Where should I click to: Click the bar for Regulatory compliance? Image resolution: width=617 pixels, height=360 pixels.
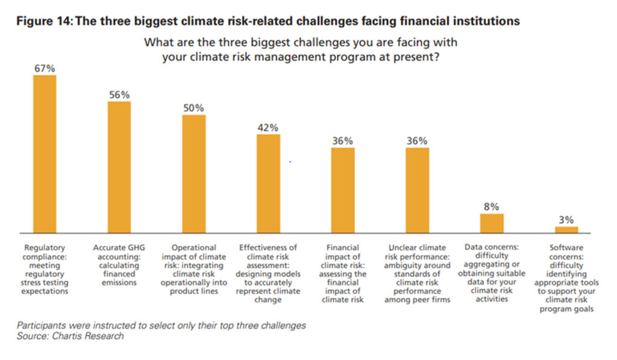tap(45, 154)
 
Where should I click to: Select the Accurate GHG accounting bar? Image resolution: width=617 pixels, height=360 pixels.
tap(119, 167)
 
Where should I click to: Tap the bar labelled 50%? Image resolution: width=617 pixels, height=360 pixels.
tap(194, 174)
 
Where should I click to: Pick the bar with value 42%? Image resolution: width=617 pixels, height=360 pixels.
tap(268, 183)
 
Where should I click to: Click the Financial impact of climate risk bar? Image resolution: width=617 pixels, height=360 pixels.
tap(343, 190)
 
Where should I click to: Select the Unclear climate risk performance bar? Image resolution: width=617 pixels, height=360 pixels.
tap(417, 190)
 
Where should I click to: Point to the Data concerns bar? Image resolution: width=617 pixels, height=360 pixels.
tap(492, 223)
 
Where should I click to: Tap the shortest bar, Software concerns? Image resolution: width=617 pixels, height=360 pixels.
tap(566, 230)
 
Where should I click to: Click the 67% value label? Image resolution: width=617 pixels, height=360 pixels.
tap(45, 69)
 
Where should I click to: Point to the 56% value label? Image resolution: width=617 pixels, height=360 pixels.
tap(119, 95)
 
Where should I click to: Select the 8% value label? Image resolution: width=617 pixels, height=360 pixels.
tap(492, 207)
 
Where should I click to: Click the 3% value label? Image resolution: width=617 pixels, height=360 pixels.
tap(566, 220)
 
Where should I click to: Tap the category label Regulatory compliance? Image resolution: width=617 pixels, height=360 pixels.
tap(45, 269)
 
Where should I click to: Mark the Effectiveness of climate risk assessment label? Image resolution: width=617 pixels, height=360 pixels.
tap(268, 273)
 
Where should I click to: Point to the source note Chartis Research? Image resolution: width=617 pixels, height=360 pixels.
tap(70, 336)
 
